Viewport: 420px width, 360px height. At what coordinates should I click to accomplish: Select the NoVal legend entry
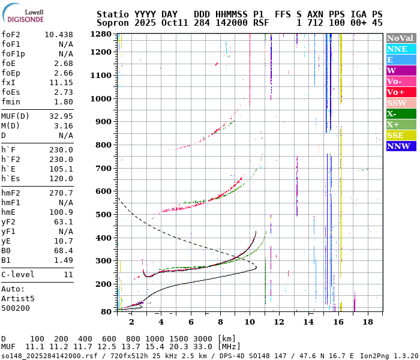[x=401, y=38]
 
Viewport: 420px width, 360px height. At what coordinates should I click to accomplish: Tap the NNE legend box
[x=401, y=49]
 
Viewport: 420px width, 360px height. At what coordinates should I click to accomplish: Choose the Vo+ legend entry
[x=401, y=92]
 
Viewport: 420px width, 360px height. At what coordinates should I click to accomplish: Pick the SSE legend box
[x=401, y=135]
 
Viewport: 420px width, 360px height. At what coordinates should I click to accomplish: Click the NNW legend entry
[x=401, y=146]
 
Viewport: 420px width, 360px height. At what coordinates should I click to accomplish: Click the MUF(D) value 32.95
[x=61, y=116]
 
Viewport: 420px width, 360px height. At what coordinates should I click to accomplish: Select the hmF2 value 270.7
[x=61, y=193]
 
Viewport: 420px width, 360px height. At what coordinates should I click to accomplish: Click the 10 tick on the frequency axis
[x=250, y=322]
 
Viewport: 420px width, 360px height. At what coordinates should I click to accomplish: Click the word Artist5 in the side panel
[x=18, y=298]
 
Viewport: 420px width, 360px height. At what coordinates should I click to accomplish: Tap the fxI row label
[x=8, y=82]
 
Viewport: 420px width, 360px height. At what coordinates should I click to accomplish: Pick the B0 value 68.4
[x=64, y=250]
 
